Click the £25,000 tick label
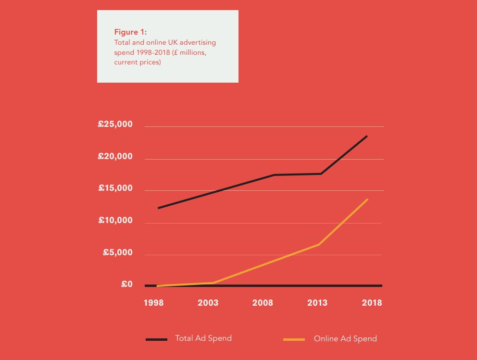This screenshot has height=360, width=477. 115,125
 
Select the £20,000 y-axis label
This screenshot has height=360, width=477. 115,157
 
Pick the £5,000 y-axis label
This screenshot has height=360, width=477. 117,252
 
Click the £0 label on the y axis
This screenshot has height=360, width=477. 126,285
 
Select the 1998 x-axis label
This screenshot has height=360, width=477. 153,303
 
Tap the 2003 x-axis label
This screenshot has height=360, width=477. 208,303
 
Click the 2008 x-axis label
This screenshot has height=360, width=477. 263,303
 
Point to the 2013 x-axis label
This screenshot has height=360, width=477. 317,303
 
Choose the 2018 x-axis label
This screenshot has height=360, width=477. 372,303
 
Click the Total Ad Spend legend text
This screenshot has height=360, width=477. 203,338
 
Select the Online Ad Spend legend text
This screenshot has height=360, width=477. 345,339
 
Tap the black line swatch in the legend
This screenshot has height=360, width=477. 156,340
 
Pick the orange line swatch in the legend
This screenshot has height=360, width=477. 294,340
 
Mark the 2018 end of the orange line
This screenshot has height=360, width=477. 367,199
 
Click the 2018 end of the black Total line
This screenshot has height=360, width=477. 367,136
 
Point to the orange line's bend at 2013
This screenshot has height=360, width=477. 319,244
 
